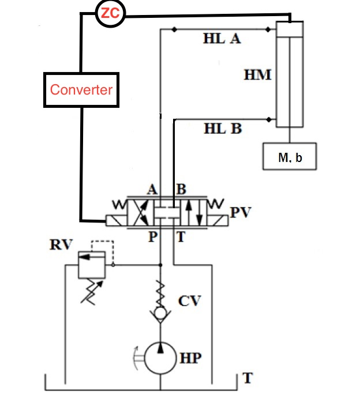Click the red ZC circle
tap(110, 14)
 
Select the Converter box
tap(81, 89)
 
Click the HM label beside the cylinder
tap(257, 74)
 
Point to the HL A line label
tap(222, 39)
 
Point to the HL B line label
tap(222, 129)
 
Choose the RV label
tap(62, 244)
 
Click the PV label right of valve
tap(242, 214)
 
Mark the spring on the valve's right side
tap(219, 203)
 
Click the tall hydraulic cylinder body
tap(290, 75)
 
